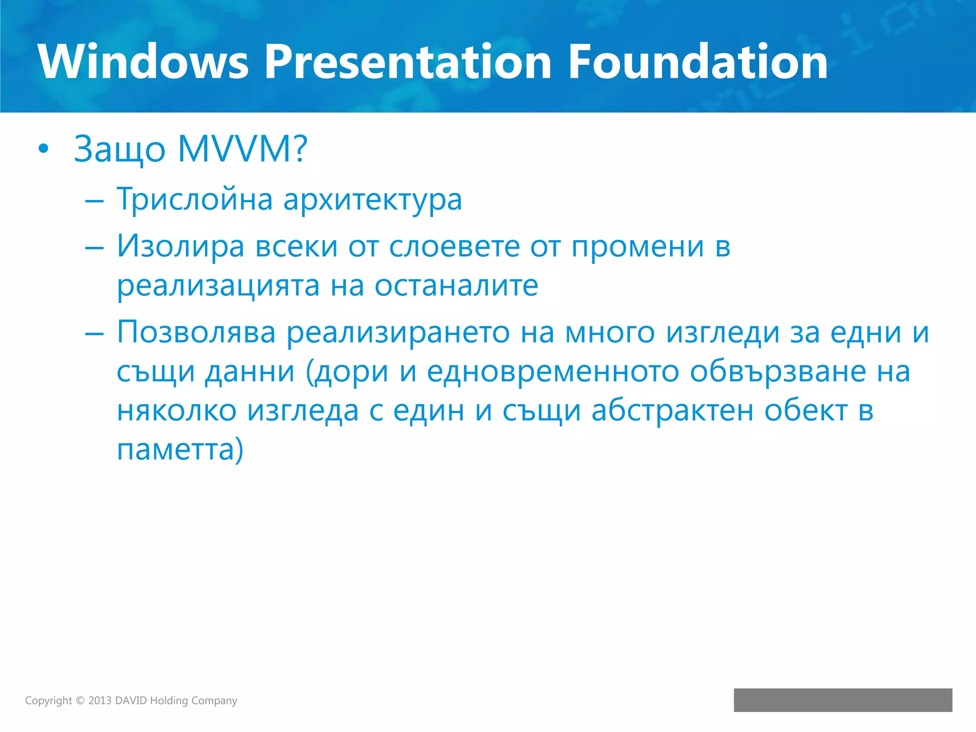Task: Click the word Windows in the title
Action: tap(143, 62)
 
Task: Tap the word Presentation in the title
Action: tap(407, 62)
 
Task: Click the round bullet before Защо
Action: tap(43, 149)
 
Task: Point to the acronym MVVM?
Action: tap(243, 149)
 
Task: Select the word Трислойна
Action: tap(194, 199)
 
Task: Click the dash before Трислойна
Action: tap(94, 201)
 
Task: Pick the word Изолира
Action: tap(181, 246)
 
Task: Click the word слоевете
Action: tap(454, 246)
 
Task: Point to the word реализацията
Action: tap(218, 286)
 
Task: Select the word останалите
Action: tap(456, 286)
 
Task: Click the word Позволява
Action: tap(196, 332)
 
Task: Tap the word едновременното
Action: tap(553, 372)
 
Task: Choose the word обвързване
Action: tap(778, 372)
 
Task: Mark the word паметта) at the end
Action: tap(180, 449)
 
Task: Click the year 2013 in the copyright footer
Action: tap(100, 701)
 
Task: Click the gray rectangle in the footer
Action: tap(843, 700)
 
